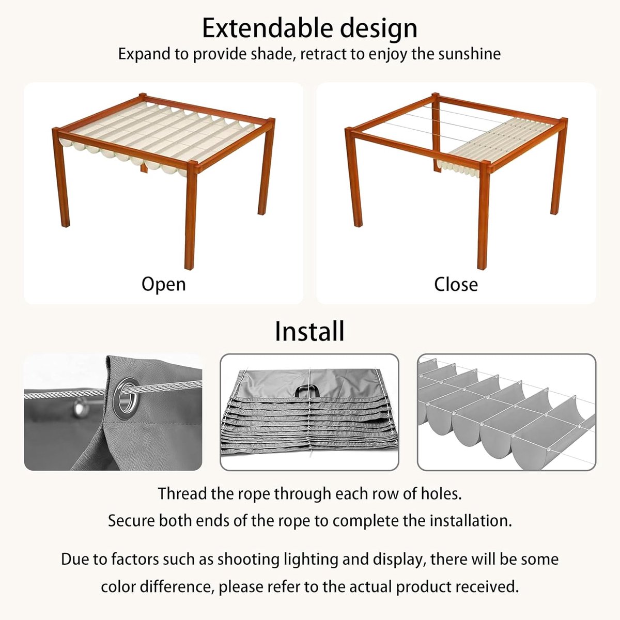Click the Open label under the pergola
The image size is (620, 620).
click(163, 285)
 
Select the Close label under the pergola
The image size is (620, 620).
click(456, 284)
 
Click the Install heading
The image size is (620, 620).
click(309, 331)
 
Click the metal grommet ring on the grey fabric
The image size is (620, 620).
click(128, 398)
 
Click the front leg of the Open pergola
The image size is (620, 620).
click(191, 215)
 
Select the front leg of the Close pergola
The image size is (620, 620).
click(484, 215)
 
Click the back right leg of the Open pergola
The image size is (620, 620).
click(266, 167)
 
